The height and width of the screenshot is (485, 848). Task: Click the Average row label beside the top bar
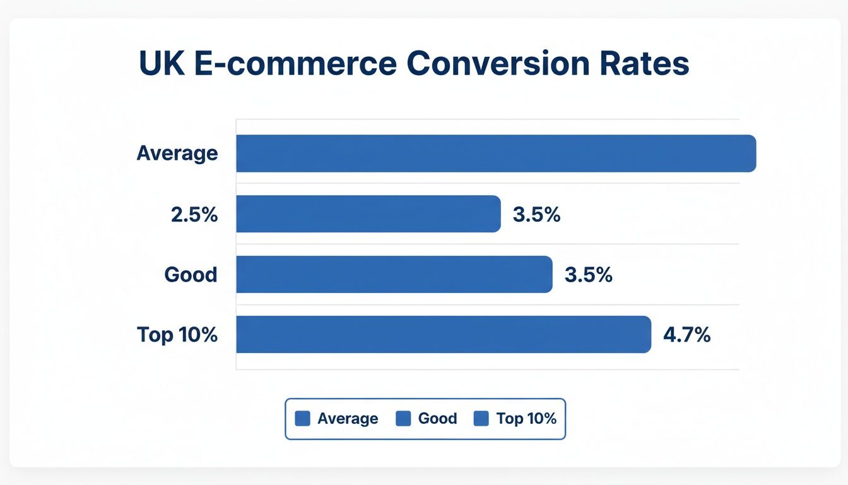[x=177, y=153]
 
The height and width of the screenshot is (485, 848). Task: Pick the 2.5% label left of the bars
[x=194, y=214]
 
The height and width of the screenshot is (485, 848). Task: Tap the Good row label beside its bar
[x=191, y=275]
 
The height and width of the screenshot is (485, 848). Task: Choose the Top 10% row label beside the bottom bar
[x=177, y=335]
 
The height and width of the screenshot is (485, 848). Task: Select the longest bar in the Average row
[x=496, y=153]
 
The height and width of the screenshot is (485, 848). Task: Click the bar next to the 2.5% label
[x=368, y=214]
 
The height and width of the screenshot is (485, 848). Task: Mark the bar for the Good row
[x=394, y=275]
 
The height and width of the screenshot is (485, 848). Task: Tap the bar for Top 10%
[x=444, y=335]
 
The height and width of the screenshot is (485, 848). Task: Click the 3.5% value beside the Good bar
[x=589, y=275]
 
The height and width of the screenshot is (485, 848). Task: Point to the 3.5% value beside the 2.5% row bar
[x=537, y=214]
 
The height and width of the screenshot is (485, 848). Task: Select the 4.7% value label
[x=687, y=335]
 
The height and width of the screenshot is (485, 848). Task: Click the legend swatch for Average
[x=303, y=419]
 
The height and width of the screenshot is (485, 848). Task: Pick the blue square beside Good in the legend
[x=403, y=419]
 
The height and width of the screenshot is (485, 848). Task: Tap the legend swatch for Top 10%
[x=481, y=419]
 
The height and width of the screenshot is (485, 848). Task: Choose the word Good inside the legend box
[x=437, y=419]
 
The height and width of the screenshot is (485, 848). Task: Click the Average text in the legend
[x=348, y=419]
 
